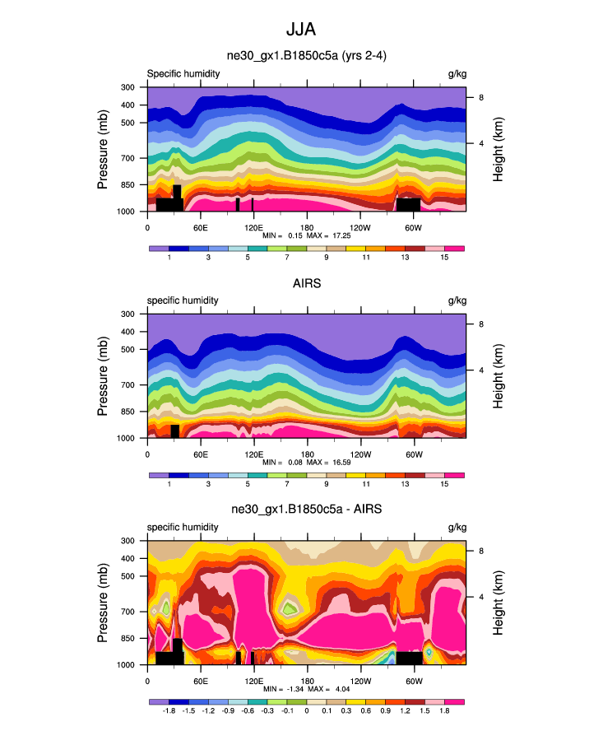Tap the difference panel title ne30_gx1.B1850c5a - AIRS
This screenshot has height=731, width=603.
306,510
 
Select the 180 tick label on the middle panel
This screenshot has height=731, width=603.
307,454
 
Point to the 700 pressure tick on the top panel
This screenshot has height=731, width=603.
128,158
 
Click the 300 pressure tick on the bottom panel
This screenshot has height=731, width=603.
128,541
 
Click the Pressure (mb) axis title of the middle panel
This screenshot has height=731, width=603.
103,376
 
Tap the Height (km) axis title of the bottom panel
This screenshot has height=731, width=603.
499,603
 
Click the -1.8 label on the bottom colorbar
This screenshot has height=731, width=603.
169,710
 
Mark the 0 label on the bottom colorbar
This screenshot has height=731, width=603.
307,710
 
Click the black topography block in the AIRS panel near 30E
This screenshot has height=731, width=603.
174,431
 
